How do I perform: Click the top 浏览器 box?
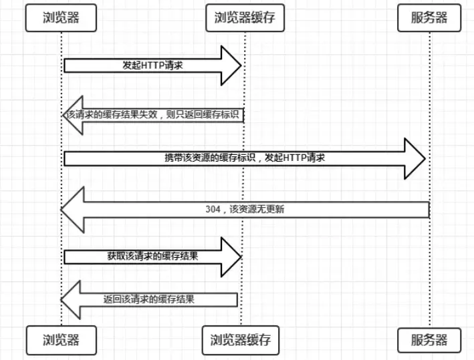[60, 19]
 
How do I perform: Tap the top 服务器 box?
[430, 19]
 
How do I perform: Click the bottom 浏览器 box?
[60, 340]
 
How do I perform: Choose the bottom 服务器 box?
[430, 340]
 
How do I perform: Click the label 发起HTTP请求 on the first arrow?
[143, 65]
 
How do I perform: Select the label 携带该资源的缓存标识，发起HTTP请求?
[245, 158]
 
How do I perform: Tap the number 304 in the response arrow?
[214, 209]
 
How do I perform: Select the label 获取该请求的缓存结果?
[152, 256]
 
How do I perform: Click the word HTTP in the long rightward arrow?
[296, 158]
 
